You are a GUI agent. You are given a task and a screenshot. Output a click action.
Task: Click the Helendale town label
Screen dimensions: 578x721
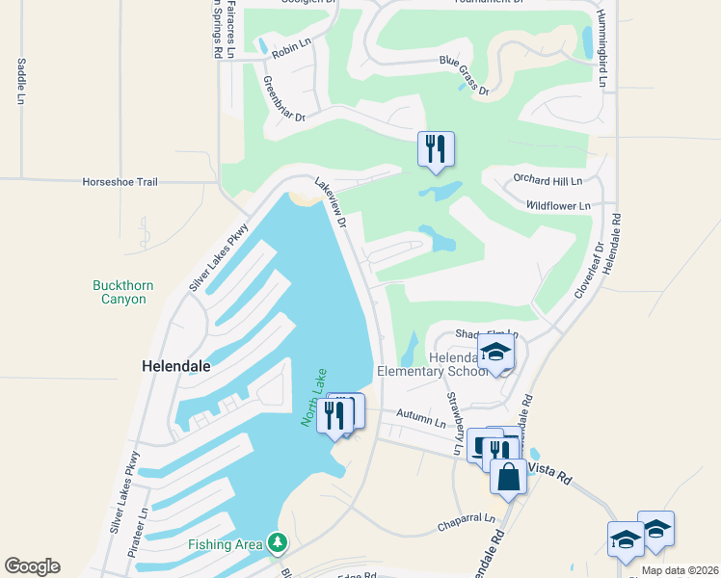coord(175,367)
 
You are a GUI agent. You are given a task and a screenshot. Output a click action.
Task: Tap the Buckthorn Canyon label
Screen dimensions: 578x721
coord(123,292)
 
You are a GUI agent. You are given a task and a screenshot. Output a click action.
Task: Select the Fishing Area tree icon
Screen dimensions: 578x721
coord(278,544)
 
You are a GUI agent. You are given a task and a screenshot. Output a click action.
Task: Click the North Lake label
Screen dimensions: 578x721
coord(314,398)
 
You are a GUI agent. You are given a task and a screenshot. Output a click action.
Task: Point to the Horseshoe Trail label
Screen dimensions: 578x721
coord(120,181)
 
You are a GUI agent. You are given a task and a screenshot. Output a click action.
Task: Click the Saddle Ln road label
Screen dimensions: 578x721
coord(20,81)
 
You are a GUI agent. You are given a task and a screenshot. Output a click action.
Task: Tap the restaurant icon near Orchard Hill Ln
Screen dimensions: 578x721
coord(436,149)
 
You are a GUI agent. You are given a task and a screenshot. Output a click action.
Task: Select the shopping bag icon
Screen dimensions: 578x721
coord(508,476)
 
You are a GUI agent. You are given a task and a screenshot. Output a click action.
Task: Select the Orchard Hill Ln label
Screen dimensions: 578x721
coord(548,180)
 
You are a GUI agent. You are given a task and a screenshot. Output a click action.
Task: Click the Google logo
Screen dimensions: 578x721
coord(33,566)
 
